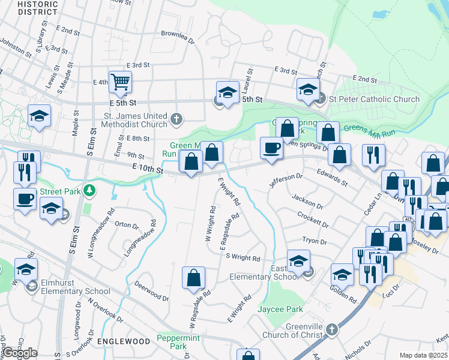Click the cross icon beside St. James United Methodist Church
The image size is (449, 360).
[x=176, y=119]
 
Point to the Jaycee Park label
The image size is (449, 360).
[x=280, y=309]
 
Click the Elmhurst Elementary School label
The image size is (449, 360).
[x=74, y=292]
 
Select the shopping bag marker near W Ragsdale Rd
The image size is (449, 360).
[x=193, y=278]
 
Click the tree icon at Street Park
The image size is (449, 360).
[x=89, y=191]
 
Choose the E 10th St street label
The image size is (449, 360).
[x=143, y=170]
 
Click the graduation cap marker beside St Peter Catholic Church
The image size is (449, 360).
[x=307, y=91]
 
